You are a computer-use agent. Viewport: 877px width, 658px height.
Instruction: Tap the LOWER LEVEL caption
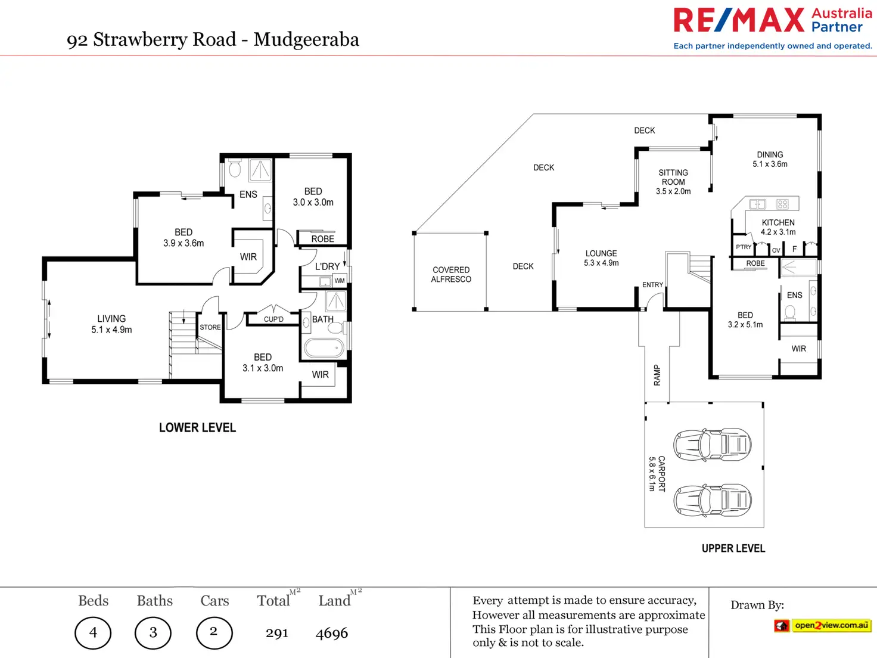pos(197,428)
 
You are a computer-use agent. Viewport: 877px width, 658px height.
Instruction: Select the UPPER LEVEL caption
pos(733,548)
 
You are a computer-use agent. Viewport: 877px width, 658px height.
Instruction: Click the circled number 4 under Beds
pos(93,632)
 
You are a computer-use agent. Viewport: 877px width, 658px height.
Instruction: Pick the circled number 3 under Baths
pos(153,632)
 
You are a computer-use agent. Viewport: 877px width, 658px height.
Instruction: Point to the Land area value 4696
pos(332,633)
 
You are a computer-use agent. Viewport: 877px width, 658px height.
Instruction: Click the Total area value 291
pos(277,633)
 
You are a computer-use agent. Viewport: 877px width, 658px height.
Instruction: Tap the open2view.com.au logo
pos(823,625)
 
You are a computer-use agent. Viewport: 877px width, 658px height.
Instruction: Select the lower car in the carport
pos(712,499)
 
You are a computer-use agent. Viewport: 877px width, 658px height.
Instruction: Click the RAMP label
pos(657,375)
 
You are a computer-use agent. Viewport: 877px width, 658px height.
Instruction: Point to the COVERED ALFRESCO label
pos(451,275)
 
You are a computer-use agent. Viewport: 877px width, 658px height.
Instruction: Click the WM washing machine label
pos(340,281)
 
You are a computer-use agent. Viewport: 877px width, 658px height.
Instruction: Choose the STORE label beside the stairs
pos(210,327)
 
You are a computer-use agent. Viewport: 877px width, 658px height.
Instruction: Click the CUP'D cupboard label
pos(273,319)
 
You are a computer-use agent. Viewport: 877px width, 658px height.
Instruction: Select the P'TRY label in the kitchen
pos(744,247)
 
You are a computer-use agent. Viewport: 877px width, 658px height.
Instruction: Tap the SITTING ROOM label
pos(673,182)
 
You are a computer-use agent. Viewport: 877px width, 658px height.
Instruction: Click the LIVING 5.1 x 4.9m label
pos(111,324)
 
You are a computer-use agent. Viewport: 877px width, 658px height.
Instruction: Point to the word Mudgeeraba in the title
pos(306,40)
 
